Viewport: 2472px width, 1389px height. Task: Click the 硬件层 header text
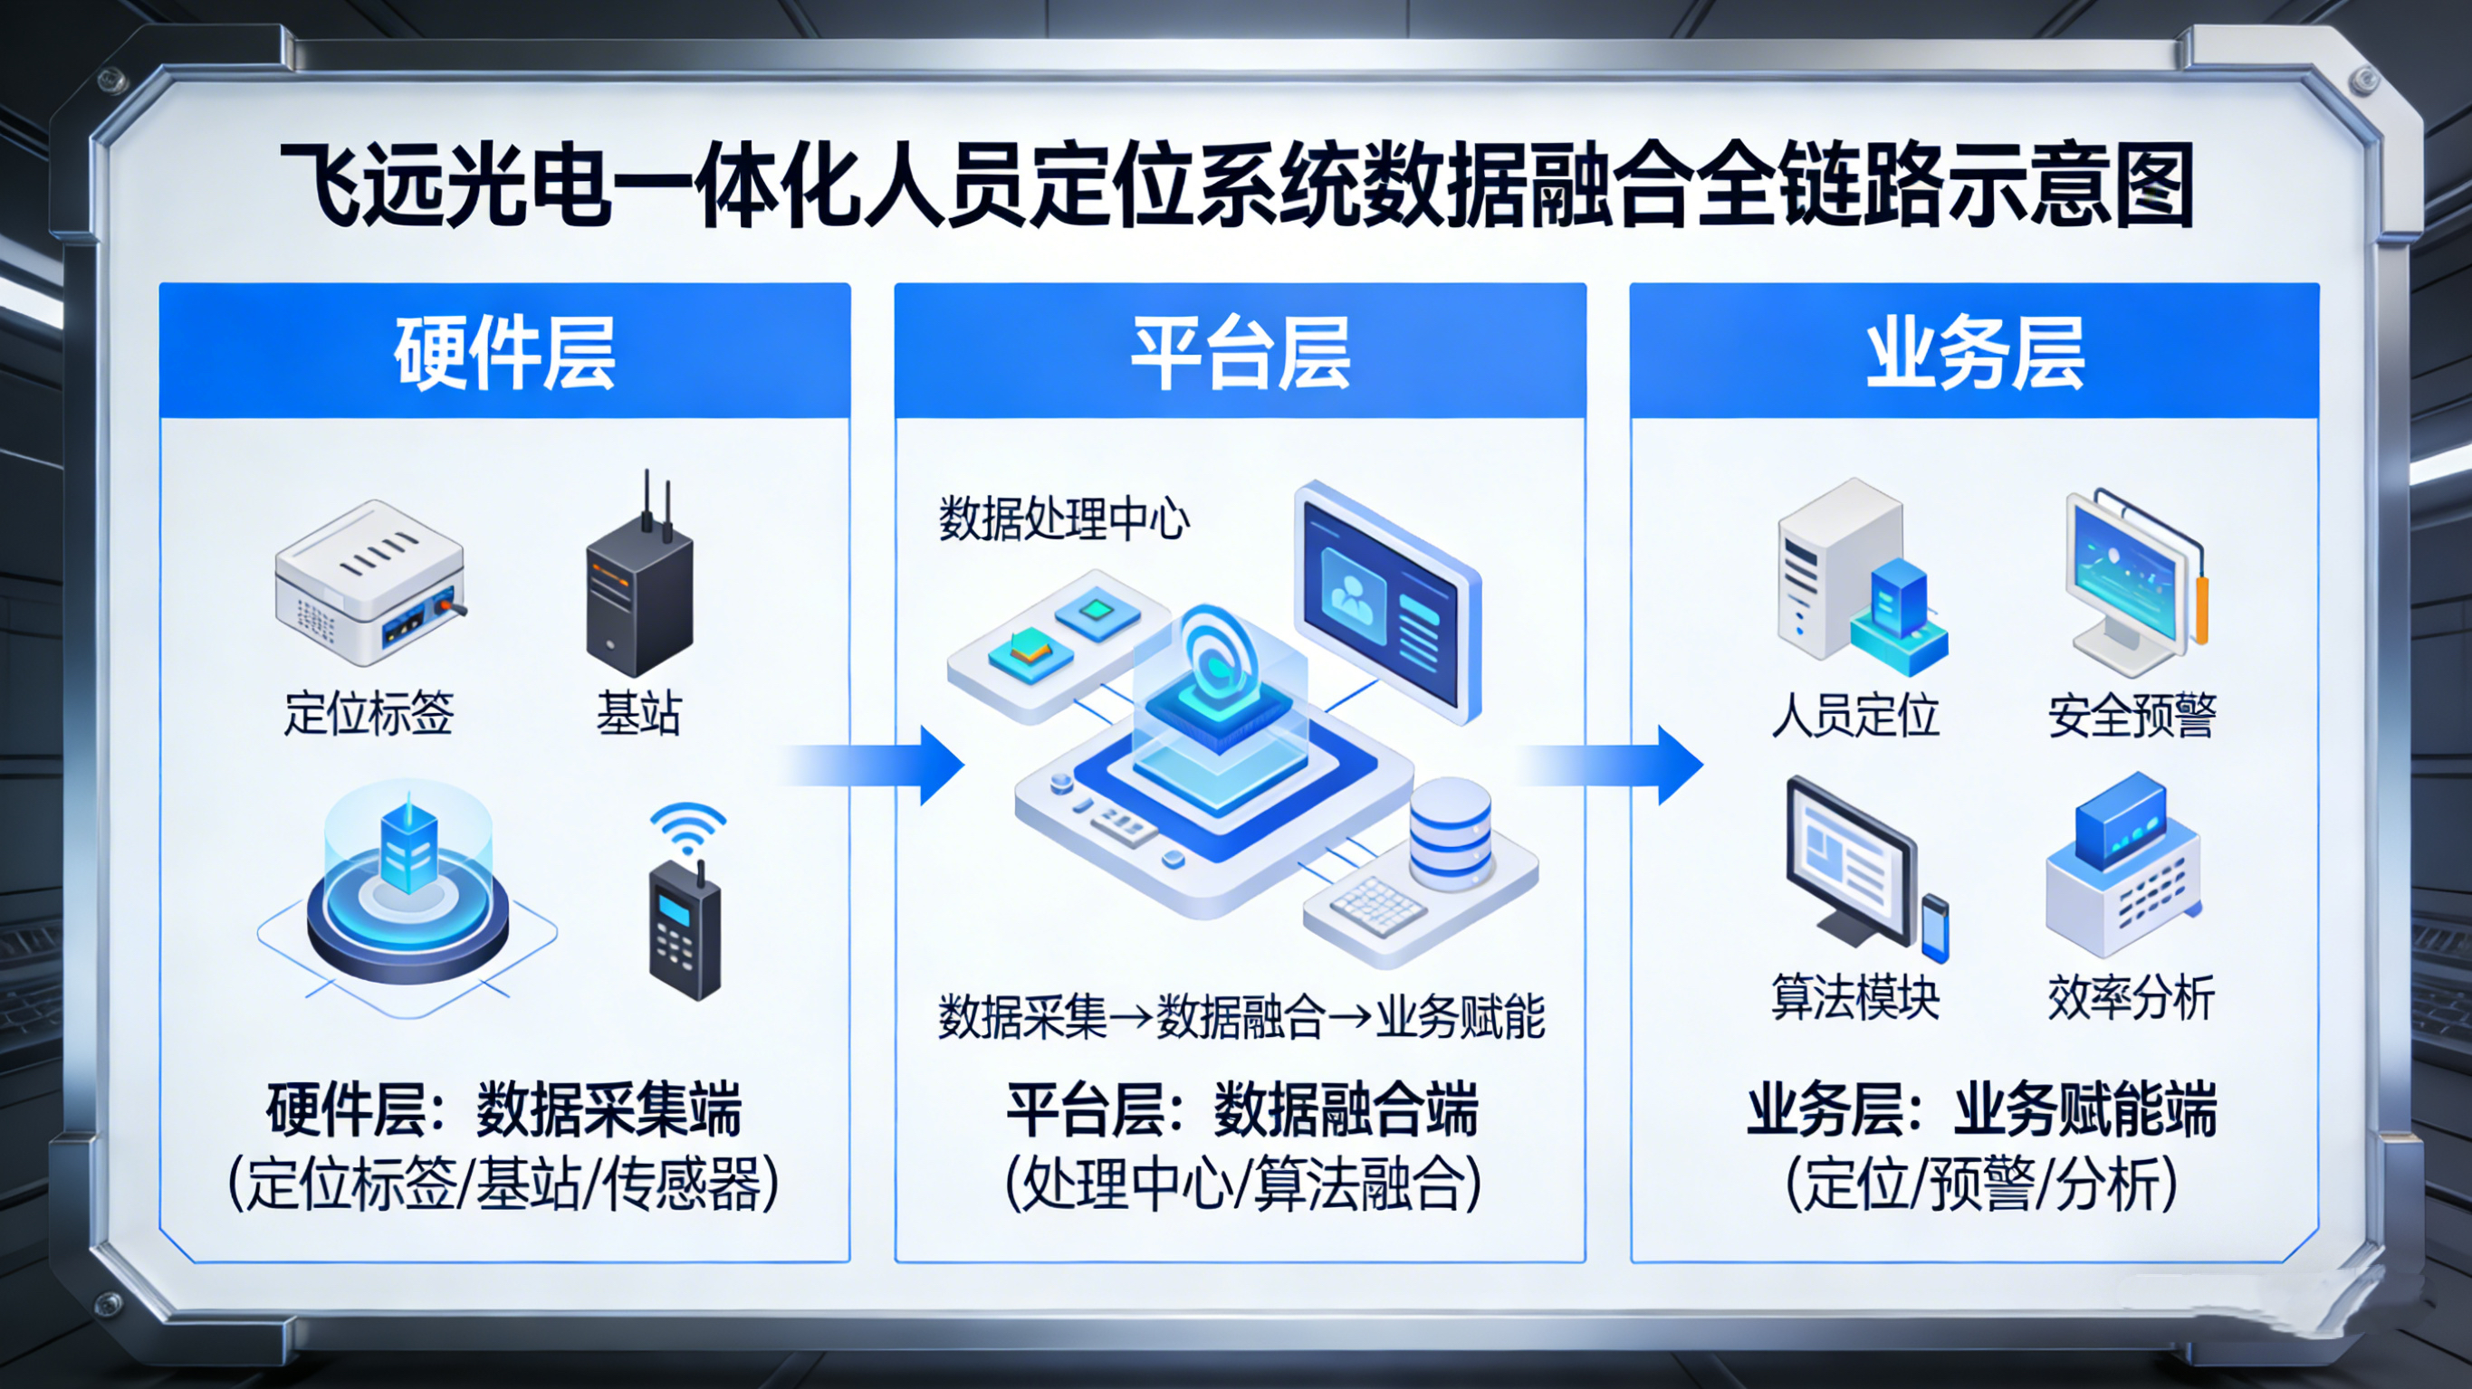[503, 353]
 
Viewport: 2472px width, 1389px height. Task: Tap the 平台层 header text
[1240, 353]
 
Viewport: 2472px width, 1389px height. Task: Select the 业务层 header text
[1975, 353]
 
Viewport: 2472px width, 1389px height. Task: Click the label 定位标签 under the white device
[368, 714]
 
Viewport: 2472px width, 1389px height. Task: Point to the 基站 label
[638, 714]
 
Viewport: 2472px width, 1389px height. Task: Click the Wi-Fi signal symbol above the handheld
[687, 827]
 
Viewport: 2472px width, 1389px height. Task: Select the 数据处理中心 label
[1063, 519]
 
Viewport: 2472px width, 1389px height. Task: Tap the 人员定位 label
[1855, 716]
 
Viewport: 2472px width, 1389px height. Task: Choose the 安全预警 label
[2132, 716]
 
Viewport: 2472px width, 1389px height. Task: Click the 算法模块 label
[1855, 997]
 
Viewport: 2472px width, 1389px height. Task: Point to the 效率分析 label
[2132, 997]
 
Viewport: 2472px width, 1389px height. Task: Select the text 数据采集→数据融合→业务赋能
[1240, 1017]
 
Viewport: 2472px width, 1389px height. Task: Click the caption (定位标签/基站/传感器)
[503, 1184]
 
